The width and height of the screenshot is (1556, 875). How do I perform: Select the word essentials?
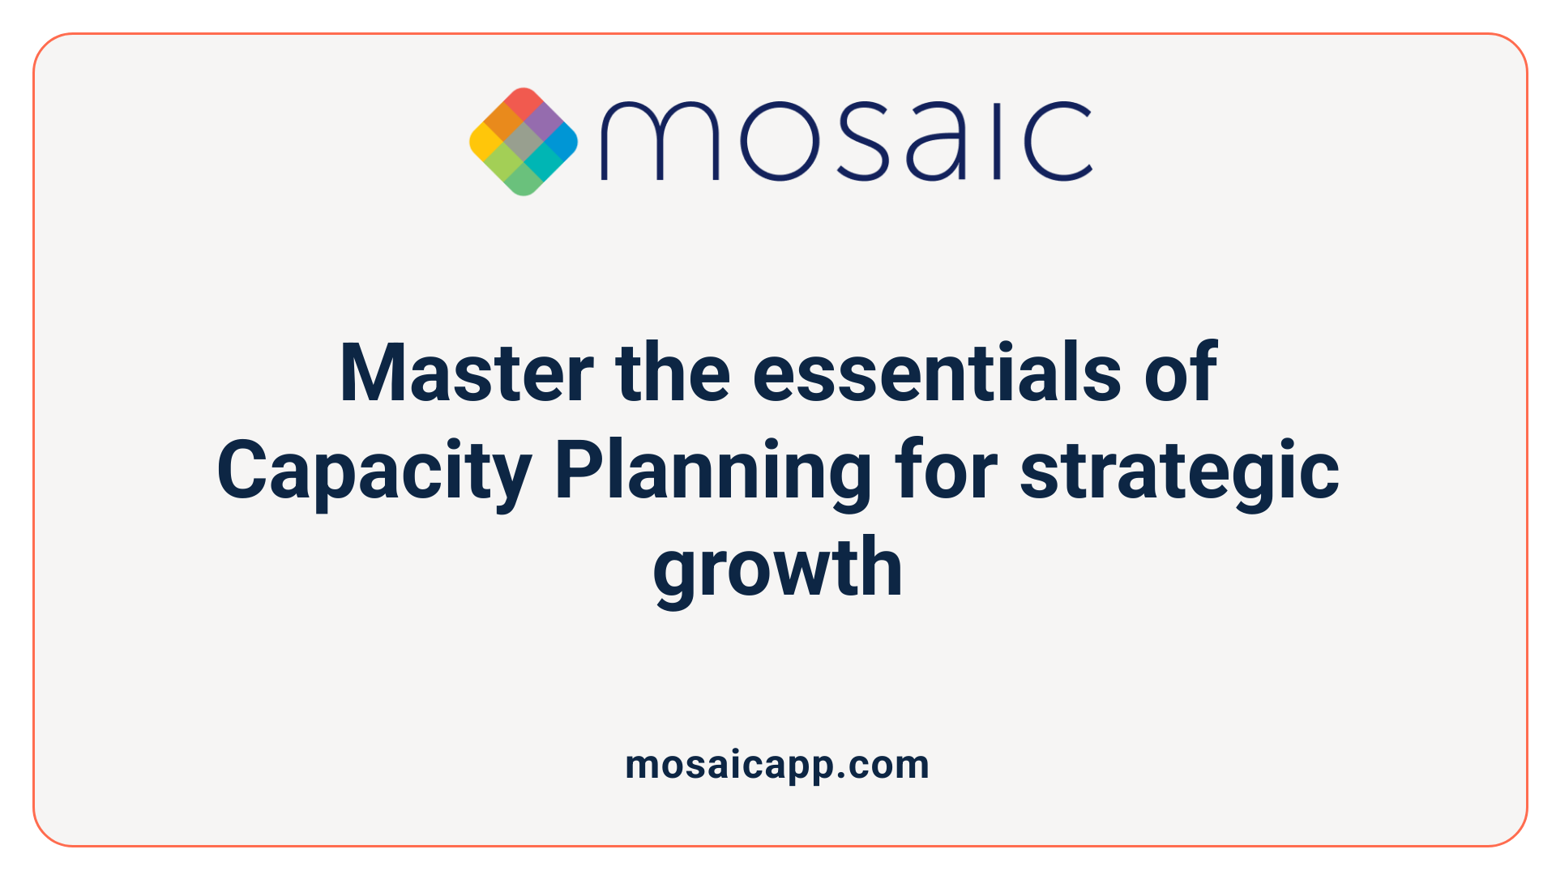coord(937,373)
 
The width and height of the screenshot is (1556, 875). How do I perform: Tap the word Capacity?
coord(374,472)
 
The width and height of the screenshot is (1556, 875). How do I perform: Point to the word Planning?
coord(712,472)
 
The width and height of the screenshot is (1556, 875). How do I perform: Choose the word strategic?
coord(1178,472)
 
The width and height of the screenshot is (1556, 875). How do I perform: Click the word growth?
coord(777,569)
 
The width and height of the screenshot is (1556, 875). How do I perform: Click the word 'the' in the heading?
coord(673,373)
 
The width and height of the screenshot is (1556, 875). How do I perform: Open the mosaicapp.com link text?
coord(777,765)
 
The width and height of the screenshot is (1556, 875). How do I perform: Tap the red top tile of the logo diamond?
coord(524,103)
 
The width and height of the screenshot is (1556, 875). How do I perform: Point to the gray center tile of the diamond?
coord(524,142)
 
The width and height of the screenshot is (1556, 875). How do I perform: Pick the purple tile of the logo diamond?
coord(543,122)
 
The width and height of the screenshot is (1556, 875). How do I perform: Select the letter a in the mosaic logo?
coord(936,141)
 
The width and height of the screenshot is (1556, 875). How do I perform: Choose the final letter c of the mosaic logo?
coord(1057,141)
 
